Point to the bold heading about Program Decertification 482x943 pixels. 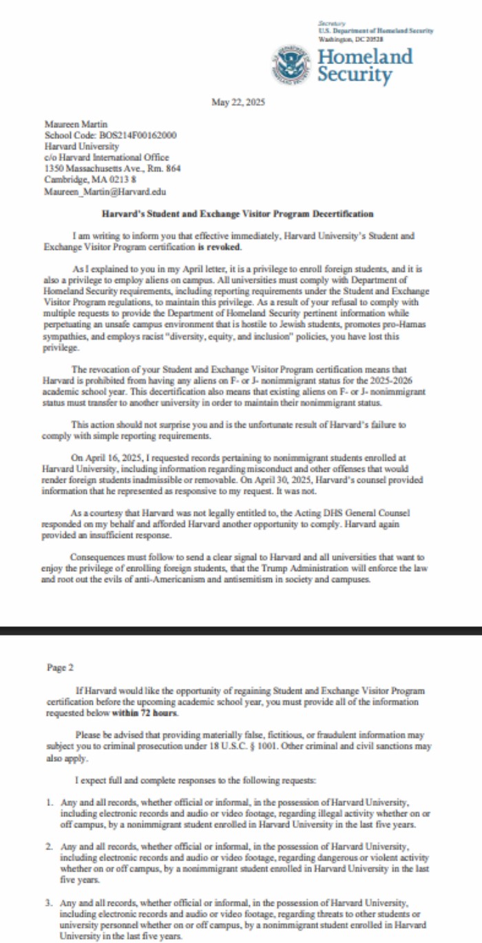click(238, 214)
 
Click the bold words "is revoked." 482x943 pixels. click(220, 247)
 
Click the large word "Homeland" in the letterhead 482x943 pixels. click(364, 56)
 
